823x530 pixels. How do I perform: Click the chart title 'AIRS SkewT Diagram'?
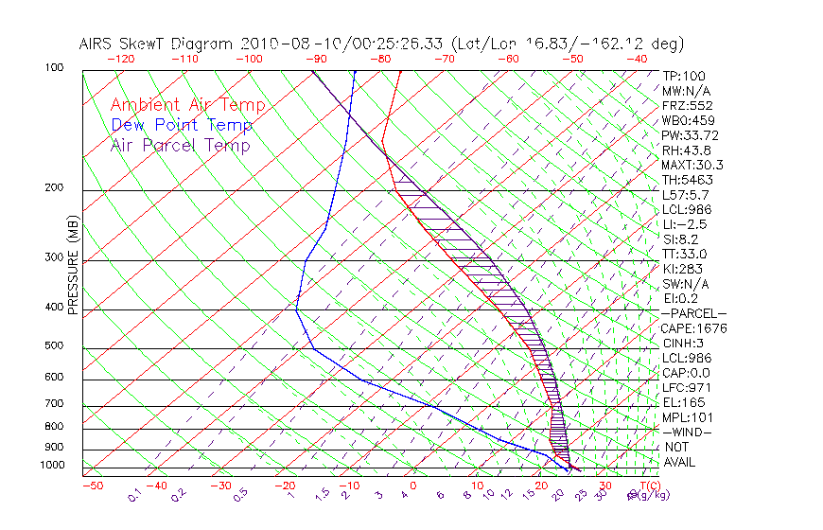click(157, 44)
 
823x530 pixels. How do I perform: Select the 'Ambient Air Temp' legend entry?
click(187, 105)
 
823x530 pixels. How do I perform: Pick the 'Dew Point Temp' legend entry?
click(182, 125)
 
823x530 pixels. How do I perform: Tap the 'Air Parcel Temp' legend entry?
click(181, 145)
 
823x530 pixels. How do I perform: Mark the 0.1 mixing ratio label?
click(135, 494)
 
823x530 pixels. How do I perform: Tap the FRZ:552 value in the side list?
click(687, 105)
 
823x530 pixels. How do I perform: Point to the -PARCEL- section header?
click(693, 313)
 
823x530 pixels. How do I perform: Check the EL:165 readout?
click(683, 402)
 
